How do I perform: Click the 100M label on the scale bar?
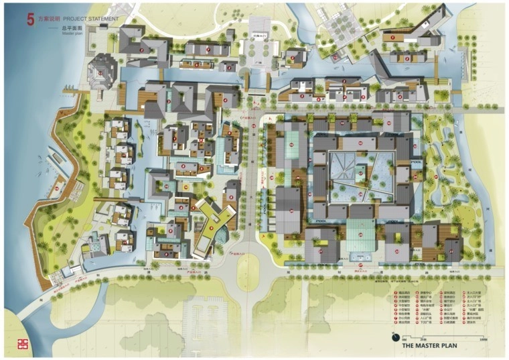click(x=482, y=341)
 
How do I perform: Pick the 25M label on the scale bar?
click(x=414, y=341)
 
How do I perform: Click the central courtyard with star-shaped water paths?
click(x=362, y=177)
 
